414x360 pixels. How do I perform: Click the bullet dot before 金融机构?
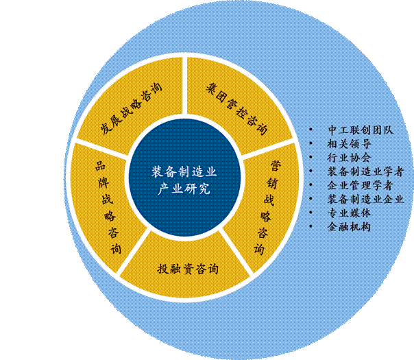pyautogui.click(x=313, y=226)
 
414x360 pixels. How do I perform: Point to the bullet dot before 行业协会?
pyautogui.click(x=313, y=158)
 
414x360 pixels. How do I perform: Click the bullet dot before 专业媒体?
pyautogui.click(x=313, y=213)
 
